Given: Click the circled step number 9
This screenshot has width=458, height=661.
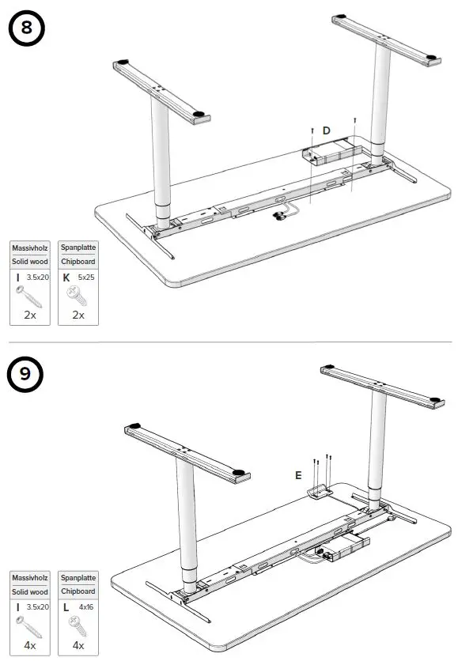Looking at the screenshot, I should coord(26,373).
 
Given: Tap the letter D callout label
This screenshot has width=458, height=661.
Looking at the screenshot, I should coord(326,130).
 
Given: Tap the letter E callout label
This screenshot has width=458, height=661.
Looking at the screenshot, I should coord(298,475).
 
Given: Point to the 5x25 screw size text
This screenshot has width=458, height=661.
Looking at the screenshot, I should coord(84,278).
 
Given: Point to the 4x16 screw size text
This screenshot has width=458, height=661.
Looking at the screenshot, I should coord(85,607).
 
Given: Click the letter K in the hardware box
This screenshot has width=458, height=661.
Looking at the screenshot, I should coord(66,278).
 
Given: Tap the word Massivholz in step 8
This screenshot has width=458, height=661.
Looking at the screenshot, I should coord(31,247).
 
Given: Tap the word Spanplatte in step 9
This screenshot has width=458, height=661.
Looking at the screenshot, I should coord(78,578).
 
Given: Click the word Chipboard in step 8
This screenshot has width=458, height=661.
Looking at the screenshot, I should coord(78,262).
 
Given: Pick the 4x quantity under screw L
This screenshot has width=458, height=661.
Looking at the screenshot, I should coord(78,644).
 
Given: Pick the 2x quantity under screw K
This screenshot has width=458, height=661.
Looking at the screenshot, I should coord(78,315).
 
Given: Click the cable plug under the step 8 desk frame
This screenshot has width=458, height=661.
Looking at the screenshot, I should coord(278,214).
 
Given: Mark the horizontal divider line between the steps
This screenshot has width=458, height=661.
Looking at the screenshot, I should coord(229,342).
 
